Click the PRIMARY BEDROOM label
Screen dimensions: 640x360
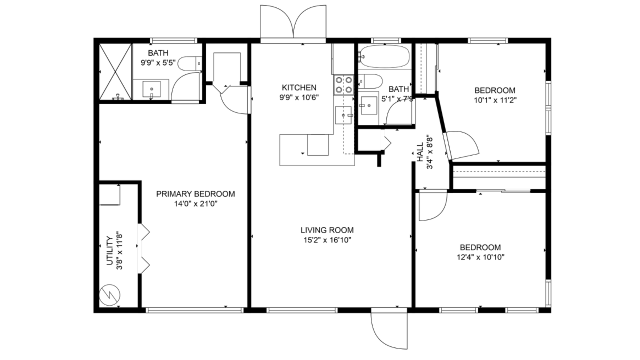pos(195,194)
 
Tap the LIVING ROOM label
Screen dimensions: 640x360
pos(327,230)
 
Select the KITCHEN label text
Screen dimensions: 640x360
pos(299,87)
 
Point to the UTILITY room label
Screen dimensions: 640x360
pos(109,250)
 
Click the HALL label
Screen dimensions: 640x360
pos(420,152)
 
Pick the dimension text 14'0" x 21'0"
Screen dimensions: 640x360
pos(196,204)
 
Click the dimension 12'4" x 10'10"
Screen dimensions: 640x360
pos(480,257)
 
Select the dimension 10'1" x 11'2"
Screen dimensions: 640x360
pos(495,100)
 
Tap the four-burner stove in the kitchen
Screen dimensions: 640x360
pos(343,85)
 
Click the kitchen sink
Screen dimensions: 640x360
pos(343,115)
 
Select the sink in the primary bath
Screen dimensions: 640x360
pos(151,89)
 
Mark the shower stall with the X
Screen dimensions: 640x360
pos(115,71)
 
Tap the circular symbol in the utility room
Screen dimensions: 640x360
pos(109,294)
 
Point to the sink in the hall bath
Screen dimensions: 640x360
pos(369,105)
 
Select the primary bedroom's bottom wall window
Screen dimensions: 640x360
pos(194,310)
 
